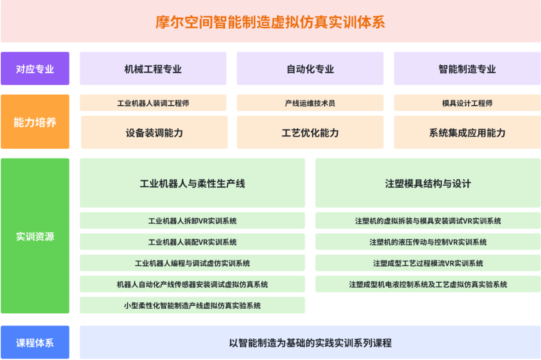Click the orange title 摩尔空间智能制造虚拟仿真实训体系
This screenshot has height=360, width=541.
click(x=270, y=22)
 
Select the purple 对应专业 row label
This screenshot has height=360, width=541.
click(x=35, y=69)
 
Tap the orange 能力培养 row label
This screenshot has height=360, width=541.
click(x=35, y=122)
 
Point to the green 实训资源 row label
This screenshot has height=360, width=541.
click(x=35, y=236)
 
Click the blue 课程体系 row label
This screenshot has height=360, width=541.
click(x=35, y=342)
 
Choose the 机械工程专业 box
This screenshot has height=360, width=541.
click(x=153, y=69)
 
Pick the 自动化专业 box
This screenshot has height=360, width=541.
click(x=310, y=69)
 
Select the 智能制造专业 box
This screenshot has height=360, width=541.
click(x=467, y=69)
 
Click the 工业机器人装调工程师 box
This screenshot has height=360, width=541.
click(x=153, y=103)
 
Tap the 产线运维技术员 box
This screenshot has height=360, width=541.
click(x=310, y=103)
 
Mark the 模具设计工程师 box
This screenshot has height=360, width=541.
click(x=467, y=103)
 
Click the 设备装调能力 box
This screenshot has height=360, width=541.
click(x=154, y=132)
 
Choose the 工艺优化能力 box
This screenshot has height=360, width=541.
click(x=310, y=132)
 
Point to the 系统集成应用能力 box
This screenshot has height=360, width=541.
click(x=467, y=132)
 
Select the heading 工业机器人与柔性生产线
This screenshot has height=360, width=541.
click(x=193, y=184)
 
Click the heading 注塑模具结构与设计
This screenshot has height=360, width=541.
click(x=428, y=184)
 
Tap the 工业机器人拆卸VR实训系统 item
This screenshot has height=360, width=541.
click(x=193, y=220)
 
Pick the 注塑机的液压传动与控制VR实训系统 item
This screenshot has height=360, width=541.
click(x=428, y=242)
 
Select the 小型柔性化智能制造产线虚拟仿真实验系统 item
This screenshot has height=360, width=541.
click(x=193, y=305)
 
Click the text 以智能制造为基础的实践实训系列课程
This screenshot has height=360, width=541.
click(x=310, y=343)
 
